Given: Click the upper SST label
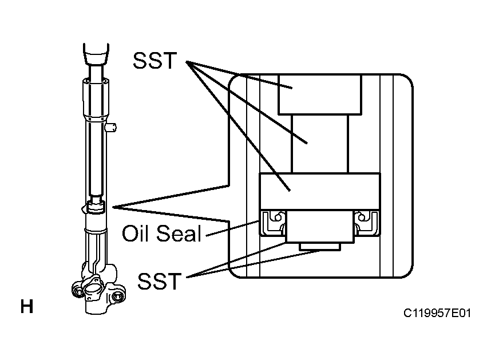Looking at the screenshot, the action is click(x=155, y=61).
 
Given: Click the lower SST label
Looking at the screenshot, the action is click(x=160, y=281).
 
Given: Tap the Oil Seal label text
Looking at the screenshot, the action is click(x=161, y=233).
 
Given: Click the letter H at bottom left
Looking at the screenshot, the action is click(x=27, y=306).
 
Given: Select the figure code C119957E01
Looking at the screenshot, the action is click(x=437, y=313).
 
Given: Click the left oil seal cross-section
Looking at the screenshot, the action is click(x=273, y=223).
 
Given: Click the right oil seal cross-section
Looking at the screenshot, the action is click(x=367, y=223).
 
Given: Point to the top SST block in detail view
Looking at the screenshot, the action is click(x=320, y=94).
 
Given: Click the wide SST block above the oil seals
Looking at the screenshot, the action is click(x=320, y=191).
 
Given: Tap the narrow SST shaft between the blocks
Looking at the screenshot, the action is click(x=320, y=144).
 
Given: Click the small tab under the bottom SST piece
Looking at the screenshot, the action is click(x=320, y=247).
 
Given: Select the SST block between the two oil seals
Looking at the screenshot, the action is click(x=320, y=226).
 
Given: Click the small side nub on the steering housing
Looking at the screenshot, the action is click(x=111, y=128).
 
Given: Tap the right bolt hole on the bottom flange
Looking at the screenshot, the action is click(x=118, y=296).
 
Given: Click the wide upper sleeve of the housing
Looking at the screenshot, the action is click(x=96, y=98).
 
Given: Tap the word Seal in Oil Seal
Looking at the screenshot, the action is click(x=179, y=233).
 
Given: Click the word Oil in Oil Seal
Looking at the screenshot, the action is click(x=135, y=233).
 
